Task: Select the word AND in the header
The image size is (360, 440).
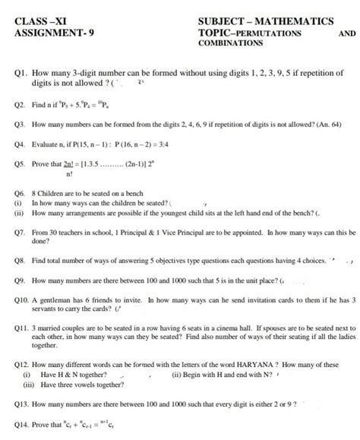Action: [x=346, y=33]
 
